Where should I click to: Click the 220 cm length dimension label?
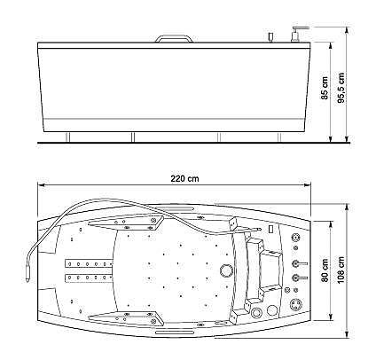click(x=184, y=178)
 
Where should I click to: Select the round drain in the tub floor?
click(x=227, y=270)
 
